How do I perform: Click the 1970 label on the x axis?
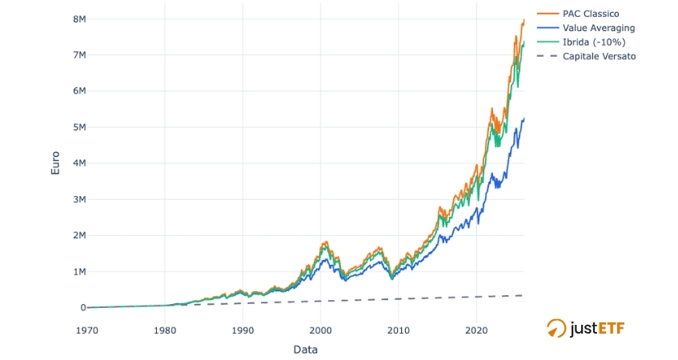coord(87,329)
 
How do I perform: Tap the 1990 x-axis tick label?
coord(243,329)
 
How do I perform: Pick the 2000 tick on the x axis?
coord(320,329)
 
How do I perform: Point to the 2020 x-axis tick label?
coord(476,329)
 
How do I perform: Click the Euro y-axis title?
coord(55,163)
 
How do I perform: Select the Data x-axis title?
coord(305,349)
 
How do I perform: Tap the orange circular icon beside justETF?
coord(556,328)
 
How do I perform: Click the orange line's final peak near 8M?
coord(524,19)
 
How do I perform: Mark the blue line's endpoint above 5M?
coord(524,119)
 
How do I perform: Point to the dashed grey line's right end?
coord(524,295)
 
